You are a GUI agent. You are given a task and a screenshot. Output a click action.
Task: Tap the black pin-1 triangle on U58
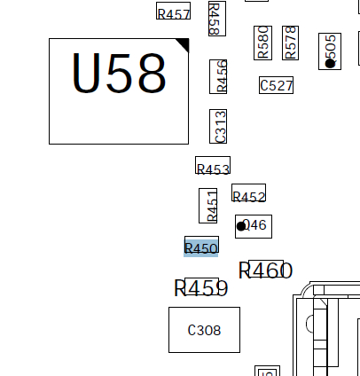point(183,44)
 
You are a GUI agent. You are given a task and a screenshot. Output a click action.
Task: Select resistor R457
point(173,12)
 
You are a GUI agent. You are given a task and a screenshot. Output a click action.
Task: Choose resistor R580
point(262,42)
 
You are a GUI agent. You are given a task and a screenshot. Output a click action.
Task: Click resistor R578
point(290,42)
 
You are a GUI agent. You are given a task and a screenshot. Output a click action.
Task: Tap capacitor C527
point(276,85)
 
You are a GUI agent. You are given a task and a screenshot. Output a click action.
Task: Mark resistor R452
point(248,193)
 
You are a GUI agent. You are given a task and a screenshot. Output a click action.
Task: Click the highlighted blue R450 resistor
point(201,247)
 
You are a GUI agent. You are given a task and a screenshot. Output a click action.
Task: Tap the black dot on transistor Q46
point(241,226)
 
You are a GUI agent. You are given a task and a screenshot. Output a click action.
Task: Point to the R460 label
point(265,270)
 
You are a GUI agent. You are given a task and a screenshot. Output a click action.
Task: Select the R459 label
point(201,287)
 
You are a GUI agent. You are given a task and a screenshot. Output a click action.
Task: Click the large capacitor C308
point(204,330)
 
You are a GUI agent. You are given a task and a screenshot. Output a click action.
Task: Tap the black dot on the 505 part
point(330,63)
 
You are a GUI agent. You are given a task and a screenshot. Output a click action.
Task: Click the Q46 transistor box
point(255,226)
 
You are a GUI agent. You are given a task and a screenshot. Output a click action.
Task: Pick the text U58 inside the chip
point(118,75)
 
